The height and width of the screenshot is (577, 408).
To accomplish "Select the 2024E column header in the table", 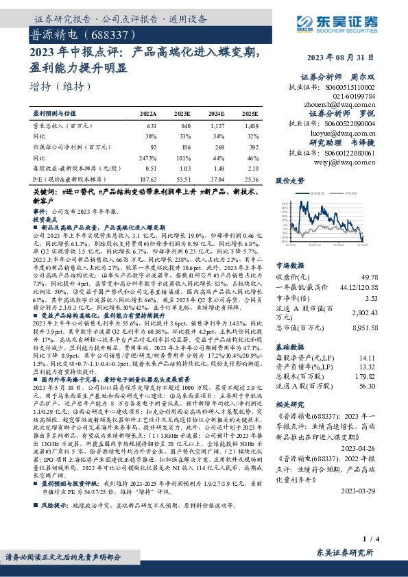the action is coord(217,113).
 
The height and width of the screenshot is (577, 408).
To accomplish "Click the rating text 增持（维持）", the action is coord(61,86).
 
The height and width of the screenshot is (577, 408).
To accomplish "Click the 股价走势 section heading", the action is coord(289,181).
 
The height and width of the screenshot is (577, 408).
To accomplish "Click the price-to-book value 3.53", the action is coord(370,298).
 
